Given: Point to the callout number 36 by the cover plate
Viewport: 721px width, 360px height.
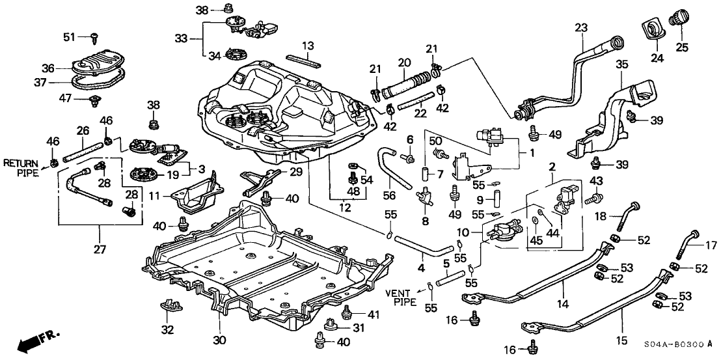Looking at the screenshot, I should click(46, 67).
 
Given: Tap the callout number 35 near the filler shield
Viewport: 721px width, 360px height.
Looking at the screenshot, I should click(622, 64).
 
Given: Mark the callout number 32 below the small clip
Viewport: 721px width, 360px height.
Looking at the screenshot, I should click(167, 329).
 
